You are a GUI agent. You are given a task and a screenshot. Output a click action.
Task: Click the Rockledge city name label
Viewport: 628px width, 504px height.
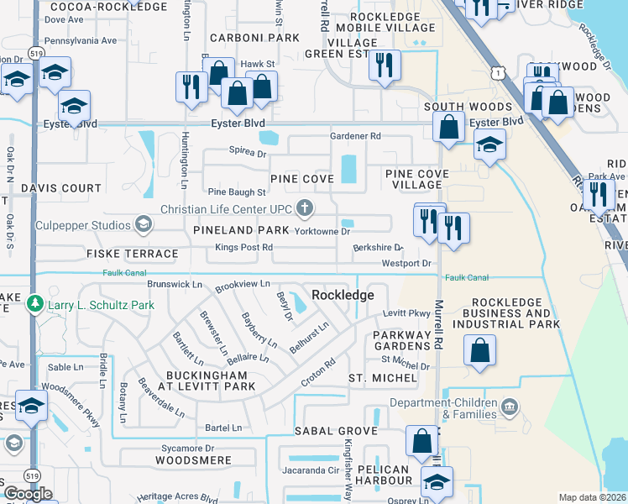pos(342,295)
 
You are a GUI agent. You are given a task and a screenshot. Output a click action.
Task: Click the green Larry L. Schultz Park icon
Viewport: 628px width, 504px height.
pos(34,302)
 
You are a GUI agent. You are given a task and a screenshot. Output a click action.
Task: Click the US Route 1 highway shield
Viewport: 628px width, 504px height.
pos(500,74)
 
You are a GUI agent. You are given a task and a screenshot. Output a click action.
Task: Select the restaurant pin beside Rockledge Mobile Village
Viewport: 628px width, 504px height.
pos(385,66)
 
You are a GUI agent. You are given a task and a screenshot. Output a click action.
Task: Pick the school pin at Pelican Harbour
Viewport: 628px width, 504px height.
pos(437,482)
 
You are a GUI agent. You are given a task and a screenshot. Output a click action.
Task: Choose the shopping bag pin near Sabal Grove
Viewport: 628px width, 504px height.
pos(421,441)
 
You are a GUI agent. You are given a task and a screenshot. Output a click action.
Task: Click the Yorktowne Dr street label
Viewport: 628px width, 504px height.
pos(322,230)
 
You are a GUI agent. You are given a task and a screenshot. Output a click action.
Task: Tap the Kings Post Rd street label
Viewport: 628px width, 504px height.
pos(244,247)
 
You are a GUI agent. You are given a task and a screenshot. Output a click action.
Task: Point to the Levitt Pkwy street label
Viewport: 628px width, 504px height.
pos(406,312)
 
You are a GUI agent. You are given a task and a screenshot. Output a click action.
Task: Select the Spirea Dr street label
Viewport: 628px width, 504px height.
pos(248,154)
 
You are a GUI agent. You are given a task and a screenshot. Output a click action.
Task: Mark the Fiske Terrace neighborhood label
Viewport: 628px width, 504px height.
pos(132,253)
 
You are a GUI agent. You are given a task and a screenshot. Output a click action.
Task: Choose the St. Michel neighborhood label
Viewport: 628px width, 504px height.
pos(382,378)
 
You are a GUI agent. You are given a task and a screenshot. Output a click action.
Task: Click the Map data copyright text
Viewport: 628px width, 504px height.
pos(593,497)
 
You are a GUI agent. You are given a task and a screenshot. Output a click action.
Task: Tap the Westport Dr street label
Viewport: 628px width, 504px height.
pos(406,264)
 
